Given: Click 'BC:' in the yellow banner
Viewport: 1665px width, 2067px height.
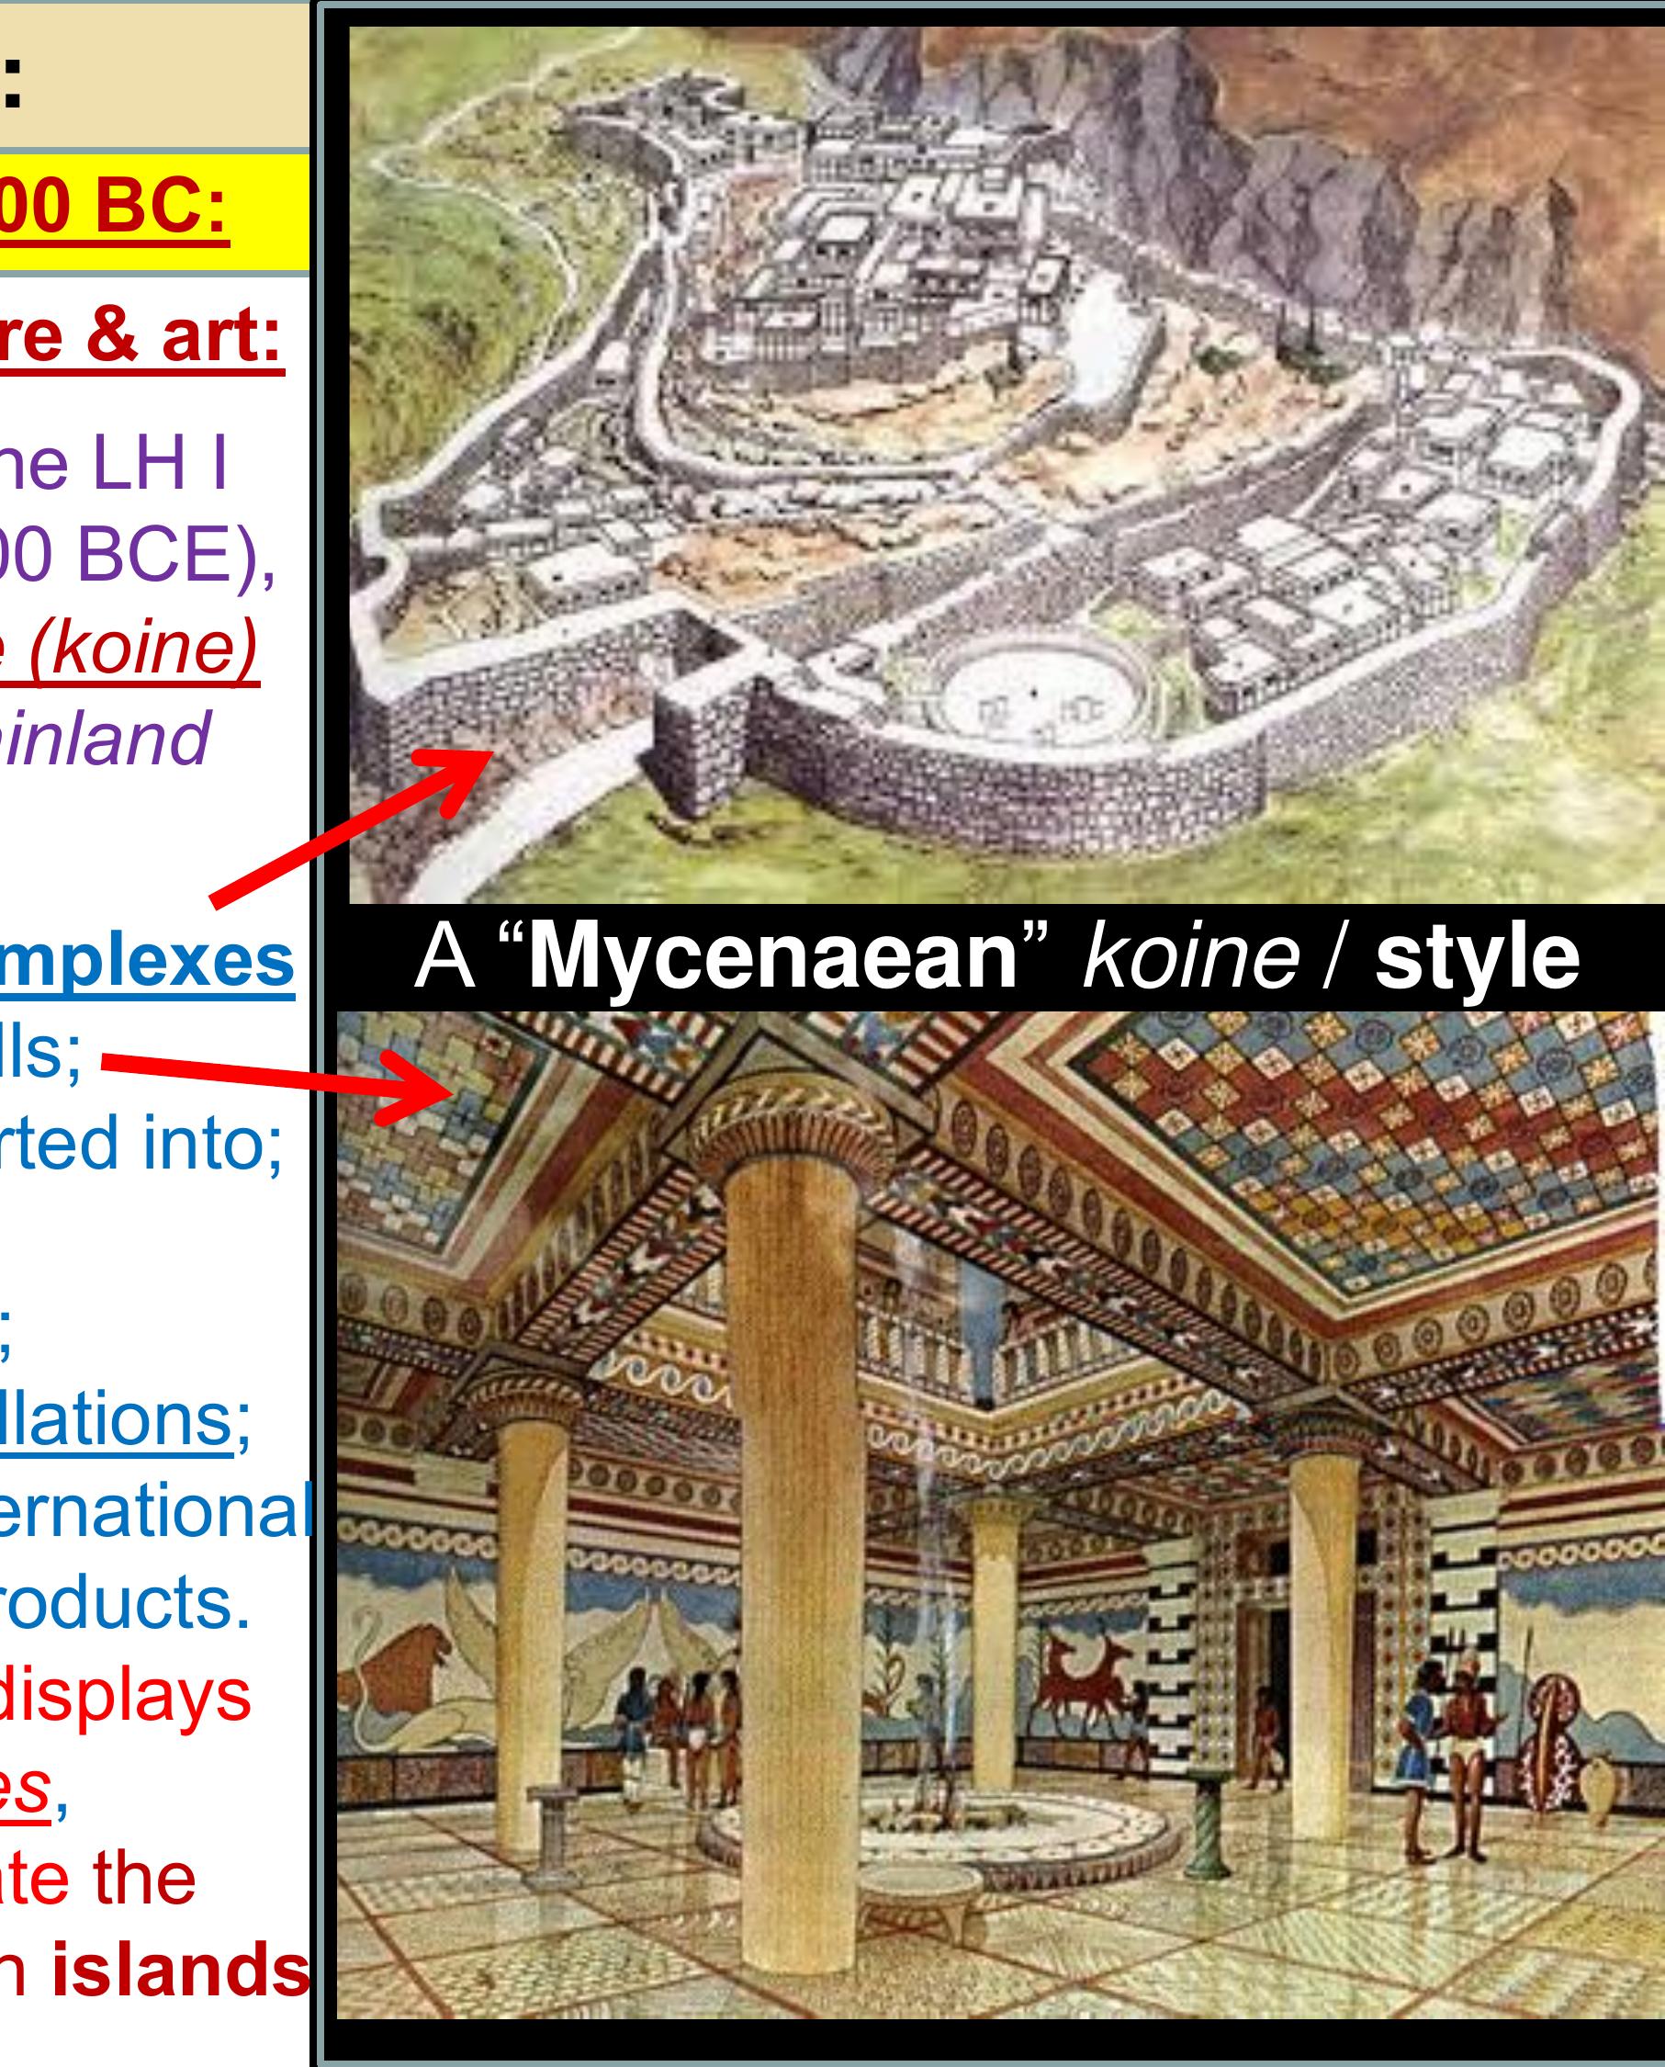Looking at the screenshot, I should [161, 206].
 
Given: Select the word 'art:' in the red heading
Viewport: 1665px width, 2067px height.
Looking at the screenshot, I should [221, 334].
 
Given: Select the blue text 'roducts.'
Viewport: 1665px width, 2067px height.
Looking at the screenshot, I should [125, 1601].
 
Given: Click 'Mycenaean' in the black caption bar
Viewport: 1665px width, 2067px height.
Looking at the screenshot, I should [773, 956].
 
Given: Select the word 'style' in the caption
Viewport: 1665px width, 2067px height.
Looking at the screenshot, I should [1477, 956].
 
